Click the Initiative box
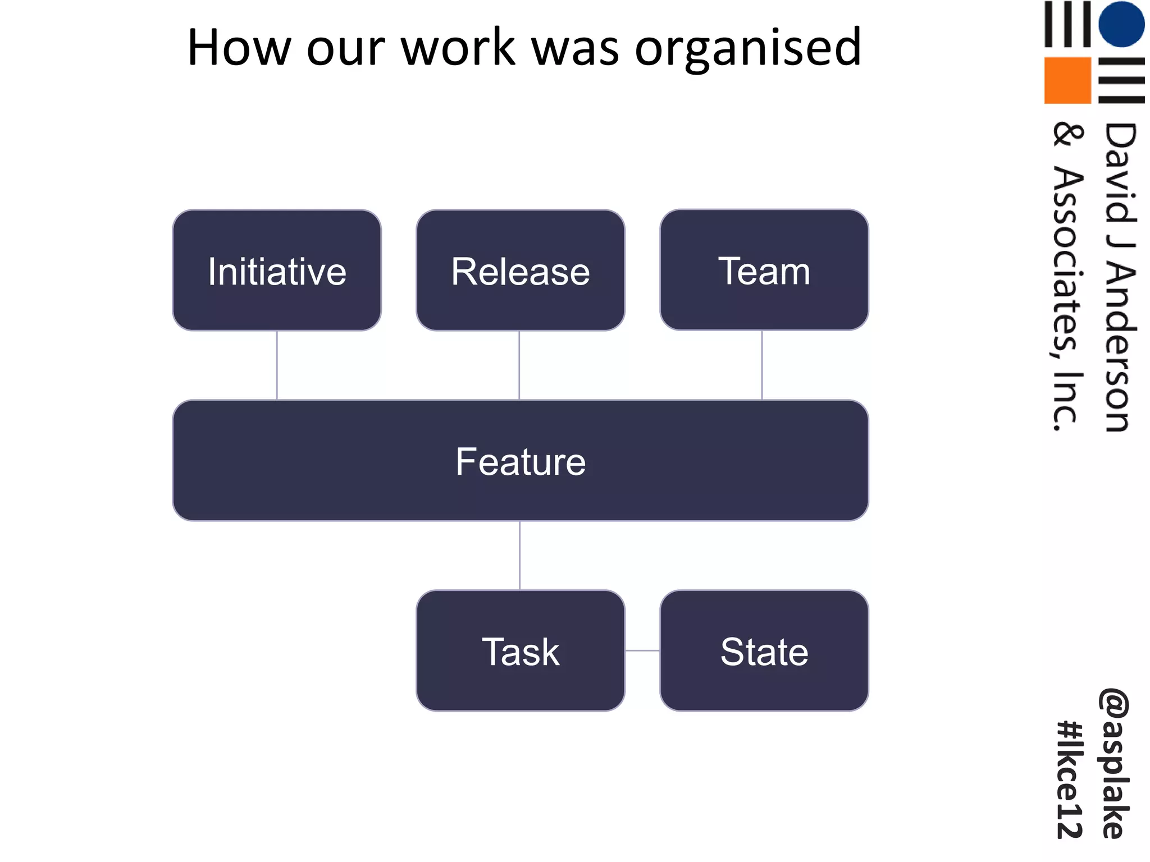click(277, 270)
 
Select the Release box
click(520, 270)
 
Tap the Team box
click(764, 270)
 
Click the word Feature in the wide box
click(520, 461)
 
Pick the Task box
click(520, 651)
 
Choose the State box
click(764, 651)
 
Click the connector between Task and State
click(642, 650)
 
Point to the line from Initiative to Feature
click(277, 365)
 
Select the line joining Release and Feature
click(519, 365)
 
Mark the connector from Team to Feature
click(762, 365)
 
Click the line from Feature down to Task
click(520, 556)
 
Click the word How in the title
click(239, 47)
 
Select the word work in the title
click(458, 47)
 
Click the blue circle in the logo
click(1121, 24)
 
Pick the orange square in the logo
click(1067, 80)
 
